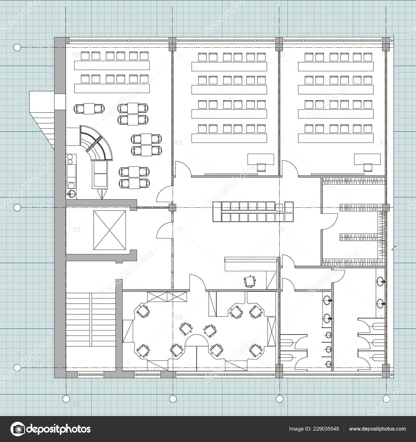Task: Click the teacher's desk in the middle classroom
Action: point(261,159)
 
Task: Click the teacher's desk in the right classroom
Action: point(367,159)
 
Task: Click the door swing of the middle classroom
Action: point(183,169)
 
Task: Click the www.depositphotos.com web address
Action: point(377,429)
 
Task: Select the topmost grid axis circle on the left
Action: point(17,48)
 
